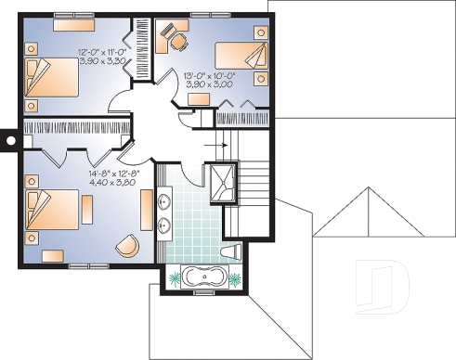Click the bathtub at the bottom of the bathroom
201,276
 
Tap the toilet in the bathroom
234,251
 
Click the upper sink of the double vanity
166,200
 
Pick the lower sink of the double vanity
166,224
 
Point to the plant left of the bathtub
173,276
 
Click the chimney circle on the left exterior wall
10,140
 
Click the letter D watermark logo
384,284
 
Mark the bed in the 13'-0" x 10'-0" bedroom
242,57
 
